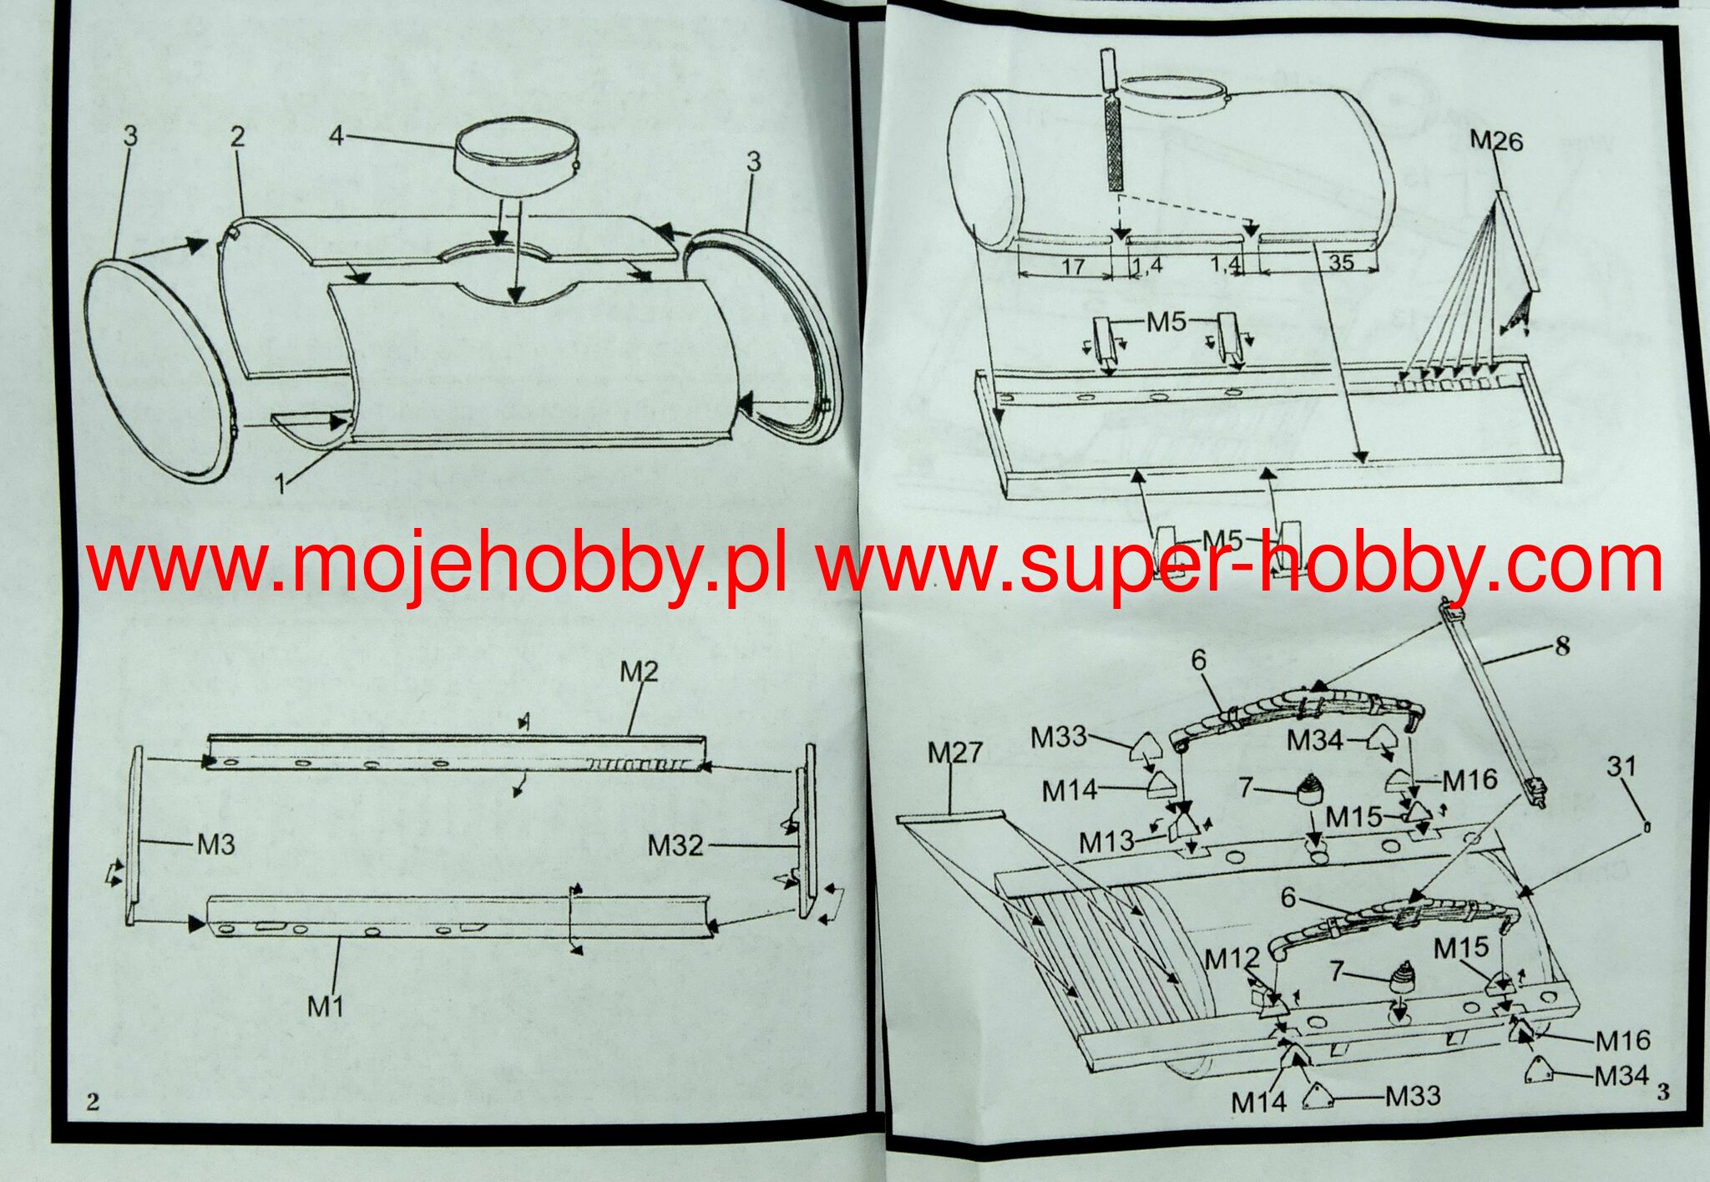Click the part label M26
[x=1496, y=140]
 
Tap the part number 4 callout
[x=336, y=134]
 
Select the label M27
[x=955, y=753]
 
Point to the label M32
[x=675, y=846]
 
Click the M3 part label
[x=215, y=845]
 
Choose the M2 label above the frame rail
[x=639, y=671]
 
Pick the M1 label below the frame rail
[x=326, y=1007]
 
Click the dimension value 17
[x=1072, y=266]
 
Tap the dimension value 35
[x=1340, y=262]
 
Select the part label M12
[x=1232, y=959]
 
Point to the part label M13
[x=1106, y=843]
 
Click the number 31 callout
[x=1621, y=766]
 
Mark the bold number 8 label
[x=1561, y=645]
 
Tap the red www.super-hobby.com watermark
[x=1240, y=566]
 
